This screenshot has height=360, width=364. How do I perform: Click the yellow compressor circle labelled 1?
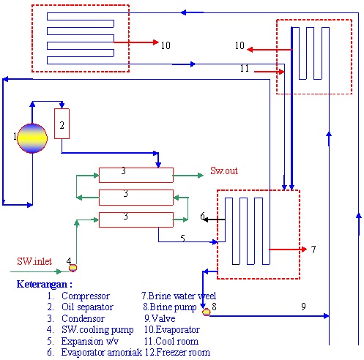point(32,138)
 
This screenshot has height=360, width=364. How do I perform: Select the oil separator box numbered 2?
point(62,124)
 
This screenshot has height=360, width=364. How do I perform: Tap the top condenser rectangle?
point(136,175)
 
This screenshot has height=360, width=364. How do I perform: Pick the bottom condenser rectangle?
point(136,220)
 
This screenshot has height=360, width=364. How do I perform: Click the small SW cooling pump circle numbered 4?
point(73,268)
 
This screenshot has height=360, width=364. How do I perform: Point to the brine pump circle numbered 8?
point(207,312)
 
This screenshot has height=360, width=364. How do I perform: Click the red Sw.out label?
point(224,170)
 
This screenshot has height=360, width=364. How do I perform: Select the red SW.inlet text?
point(34,261)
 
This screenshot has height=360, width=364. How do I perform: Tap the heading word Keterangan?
point(42,284)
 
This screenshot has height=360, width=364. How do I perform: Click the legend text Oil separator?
point(87,307)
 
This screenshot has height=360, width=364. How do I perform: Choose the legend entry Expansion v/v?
point(90,341)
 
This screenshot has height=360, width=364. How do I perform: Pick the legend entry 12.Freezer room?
point(177,352)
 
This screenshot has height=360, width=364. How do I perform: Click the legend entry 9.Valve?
point(160,318)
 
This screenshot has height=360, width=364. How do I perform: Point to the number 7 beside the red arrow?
point(313,250)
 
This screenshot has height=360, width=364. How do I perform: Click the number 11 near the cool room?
point(245,68)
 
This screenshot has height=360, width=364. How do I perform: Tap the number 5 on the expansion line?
point(183,238)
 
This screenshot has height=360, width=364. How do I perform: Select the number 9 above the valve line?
point(303,307)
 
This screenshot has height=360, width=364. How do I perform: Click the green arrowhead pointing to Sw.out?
point(201,176)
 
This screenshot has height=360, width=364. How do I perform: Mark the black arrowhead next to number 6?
point(206,220)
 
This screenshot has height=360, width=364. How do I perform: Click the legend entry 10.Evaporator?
point(172,329)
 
